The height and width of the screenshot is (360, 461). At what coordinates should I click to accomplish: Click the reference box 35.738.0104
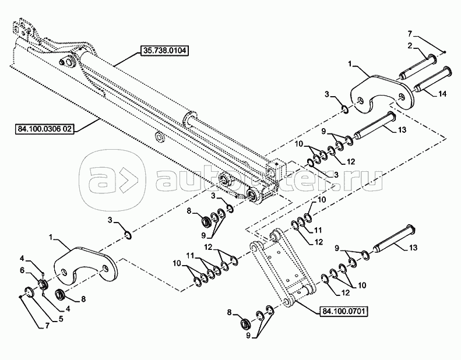164,50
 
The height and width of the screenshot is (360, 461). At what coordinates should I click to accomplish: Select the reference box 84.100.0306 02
44,129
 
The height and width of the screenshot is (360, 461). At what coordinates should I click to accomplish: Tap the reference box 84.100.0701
344,311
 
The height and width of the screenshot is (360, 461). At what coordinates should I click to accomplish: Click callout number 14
442,93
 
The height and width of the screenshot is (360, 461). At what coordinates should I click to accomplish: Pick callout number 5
61,319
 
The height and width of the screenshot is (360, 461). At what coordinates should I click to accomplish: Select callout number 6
23,271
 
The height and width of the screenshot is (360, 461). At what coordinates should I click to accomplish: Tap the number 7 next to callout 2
411,34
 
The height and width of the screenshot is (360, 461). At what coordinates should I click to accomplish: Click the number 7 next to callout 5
47,326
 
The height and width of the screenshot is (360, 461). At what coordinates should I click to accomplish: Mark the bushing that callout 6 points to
44,284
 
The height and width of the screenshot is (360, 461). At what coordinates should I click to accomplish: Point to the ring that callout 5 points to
30,292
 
